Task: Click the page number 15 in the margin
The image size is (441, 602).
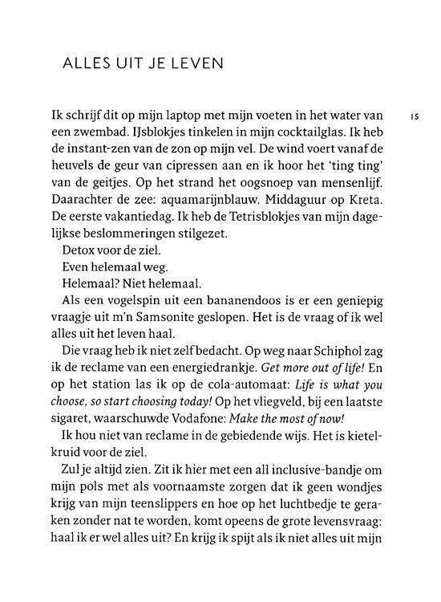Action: [x=415, y=116]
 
